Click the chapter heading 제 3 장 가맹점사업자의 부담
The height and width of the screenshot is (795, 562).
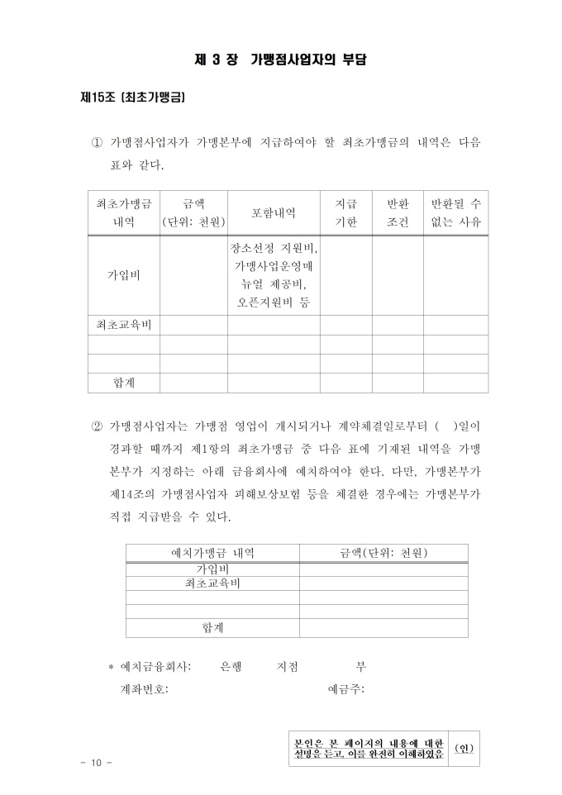click(x=281, y=60)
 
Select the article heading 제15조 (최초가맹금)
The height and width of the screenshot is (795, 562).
click(x=132, y=98)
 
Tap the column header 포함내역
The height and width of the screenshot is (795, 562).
click(x=274, y=212)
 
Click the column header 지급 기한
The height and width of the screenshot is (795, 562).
click(x=345, y=212)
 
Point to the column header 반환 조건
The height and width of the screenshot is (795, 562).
click(x=398, y=212)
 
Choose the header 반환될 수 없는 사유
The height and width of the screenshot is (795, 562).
click(x=455, y=212)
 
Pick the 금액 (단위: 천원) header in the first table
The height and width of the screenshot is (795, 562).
click(x=193, y=212)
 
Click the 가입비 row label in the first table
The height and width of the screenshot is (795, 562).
click(x=123, y=275)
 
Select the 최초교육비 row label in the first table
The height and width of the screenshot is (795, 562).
click(x=123, y=324)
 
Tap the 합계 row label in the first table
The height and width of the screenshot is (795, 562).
click(x=123, y=383)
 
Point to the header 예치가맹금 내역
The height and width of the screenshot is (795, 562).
click(x=212, y=553)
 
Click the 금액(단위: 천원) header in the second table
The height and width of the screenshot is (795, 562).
click(x=383, y=553)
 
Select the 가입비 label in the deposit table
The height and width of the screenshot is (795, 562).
click(x=212, y=569)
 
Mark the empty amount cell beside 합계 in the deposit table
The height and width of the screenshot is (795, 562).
click(x=383, y=628)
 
